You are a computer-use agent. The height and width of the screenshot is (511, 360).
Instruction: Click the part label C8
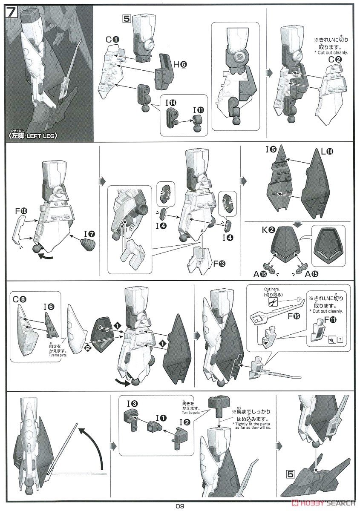pos(19,299)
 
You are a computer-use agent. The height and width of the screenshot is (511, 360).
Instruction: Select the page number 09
pos(180,506)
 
